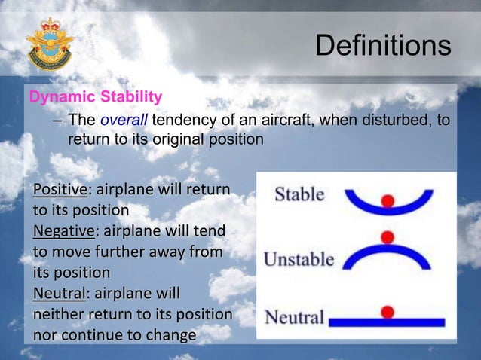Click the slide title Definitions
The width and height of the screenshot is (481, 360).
coord(382,46)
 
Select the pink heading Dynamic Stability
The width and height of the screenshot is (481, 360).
coord(95,97)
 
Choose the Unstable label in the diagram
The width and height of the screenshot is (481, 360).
coord(299,259)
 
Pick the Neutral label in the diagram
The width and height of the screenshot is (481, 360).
coord(294,316)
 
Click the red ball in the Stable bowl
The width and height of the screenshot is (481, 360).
coord(388,200)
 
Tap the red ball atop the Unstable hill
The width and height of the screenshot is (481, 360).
coord(388,237)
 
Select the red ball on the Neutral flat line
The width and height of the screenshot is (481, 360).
coord(388,311)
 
